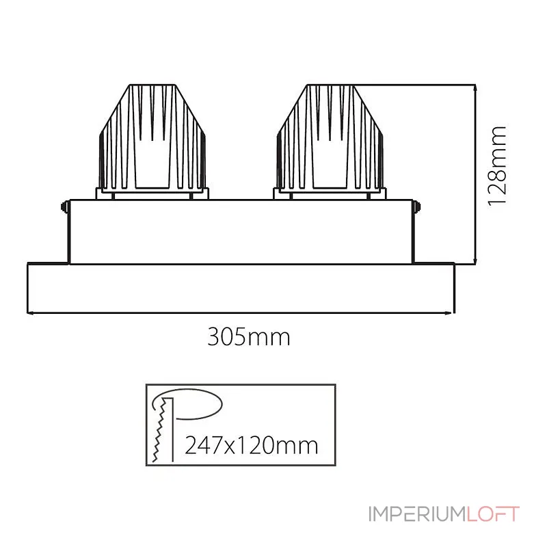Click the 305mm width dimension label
click(249, 336)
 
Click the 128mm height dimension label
click(498, 165)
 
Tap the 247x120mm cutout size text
click(252, 445)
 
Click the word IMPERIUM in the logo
click(416, 514)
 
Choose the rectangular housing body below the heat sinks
click(240, 232)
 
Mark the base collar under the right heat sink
click(328, 194)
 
